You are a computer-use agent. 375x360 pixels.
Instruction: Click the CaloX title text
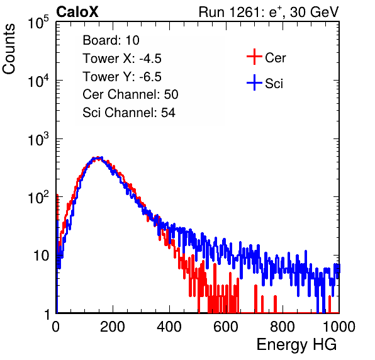tap(77, 12)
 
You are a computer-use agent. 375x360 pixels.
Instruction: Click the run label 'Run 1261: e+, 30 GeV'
tap(269, 12)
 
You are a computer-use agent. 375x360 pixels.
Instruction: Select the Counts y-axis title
tap(9, 49)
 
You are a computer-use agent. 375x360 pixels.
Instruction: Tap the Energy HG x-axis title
tap(296, 344)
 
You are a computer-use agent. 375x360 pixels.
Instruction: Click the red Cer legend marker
tap(254, 57)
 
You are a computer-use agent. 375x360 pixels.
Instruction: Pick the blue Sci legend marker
tap(254, 83)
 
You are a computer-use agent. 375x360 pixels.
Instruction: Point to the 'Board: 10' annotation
tap(111, 40)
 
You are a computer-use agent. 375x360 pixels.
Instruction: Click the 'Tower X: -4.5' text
tap(122, 59)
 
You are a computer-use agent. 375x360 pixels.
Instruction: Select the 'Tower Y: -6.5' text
tap(122, 77)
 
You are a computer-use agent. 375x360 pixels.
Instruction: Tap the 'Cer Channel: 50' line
tap(130, 94)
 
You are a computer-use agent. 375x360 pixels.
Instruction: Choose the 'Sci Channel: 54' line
tap(129, 113)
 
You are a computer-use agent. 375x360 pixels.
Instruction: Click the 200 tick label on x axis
tap(113, 327)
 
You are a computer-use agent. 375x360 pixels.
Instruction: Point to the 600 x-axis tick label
tap(226, 327)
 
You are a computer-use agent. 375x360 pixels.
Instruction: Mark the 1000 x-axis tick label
tap(339, 327)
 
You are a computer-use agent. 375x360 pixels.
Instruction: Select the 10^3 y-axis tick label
tap(38, 139)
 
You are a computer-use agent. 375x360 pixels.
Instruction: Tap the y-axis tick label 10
tap(41, 256)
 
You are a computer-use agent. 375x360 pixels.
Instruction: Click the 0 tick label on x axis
tap(56, 327)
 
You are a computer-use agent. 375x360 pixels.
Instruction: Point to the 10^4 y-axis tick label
tap(38, 81)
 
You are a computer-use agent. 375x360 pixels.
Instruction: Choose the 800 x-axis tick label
tap(283, 327)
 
